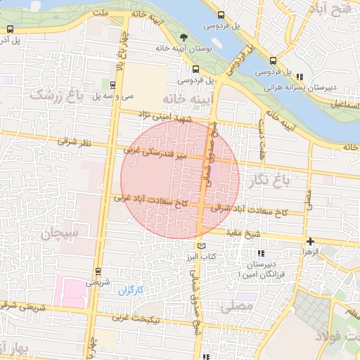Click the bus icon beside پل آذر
pos(11,30)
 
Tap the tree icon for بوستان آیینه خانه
pos(184,37)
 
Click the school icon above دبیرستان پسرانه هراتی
pos(300,77)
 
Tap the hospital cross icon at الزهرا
pos(310,242)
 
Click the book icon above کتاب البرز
pos(202,246)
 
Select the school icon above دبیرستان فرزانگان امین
pos(261,253)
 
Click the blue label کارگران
pos(130,290)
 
